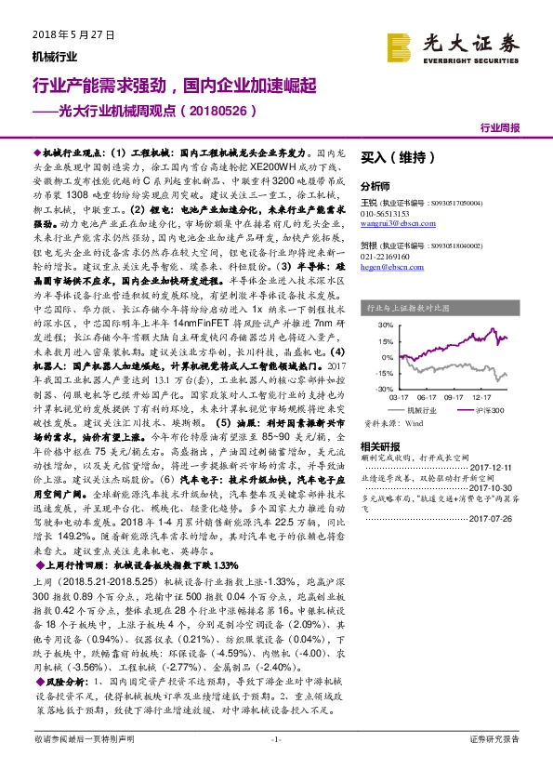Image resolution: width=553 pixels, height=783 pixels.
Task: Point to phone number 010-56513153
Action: pos(385,213)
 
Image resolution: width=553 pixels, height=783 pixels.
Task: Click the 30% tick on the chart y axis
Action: pos(384,325)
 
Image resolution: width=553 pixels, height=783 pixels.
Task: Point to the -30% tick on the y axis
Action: pos(382,388)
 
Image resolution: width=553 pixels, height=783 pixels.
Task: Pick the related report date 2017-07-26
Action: pos(492,519)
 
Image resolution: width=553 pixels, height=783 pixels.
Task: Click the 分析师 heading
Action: pos(375,186)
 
